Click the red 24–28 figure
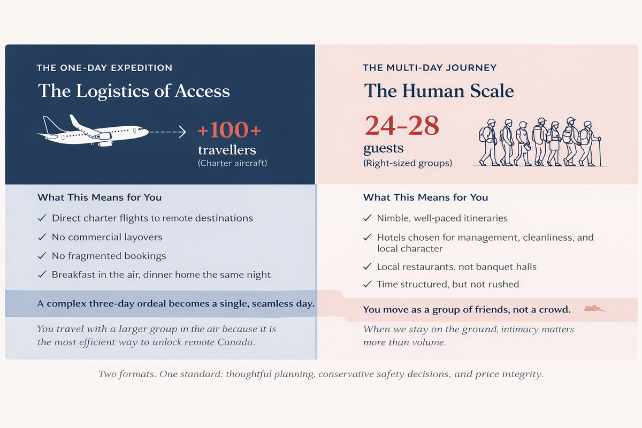[401, 126]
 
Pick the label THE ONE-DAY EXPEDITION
[104, 68]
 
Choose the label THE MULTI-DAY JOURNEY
[430, 68]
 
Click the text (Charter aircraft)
[232, 163]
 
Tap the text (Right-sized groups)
[407, 163]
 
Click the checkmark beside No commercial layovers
[42, 237]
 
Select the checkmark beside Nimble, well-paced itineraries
[367, 218]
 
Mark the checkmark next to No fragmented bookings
[42, 256]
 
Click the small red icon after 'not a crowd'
[593, 309]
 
